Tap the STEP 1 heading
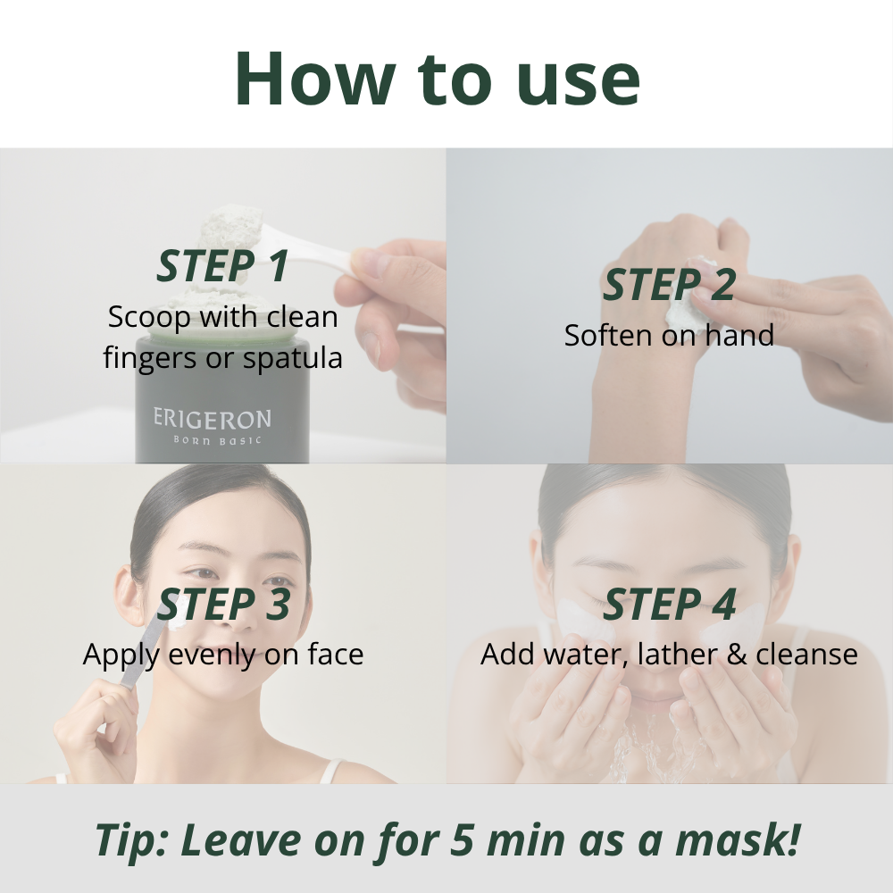click(222, 266)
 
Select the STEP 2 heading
click(669, 285)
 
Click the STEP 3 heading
click(223, 605)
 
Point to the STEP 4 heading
click(669, 605)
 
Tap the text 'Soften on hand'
click(669, 336)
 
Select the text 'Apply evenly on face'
click(223, 655)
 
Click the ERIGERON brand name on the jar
click(212, 418)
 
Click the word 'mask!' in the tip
click(748, 841)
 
